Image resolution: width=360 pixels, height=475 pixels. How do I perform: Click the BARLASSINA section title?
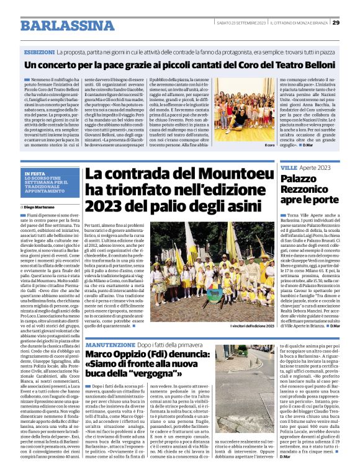coord(66,25)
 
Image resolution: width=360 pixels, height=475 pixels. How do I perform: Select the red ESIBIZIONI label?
coord(38,52)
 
